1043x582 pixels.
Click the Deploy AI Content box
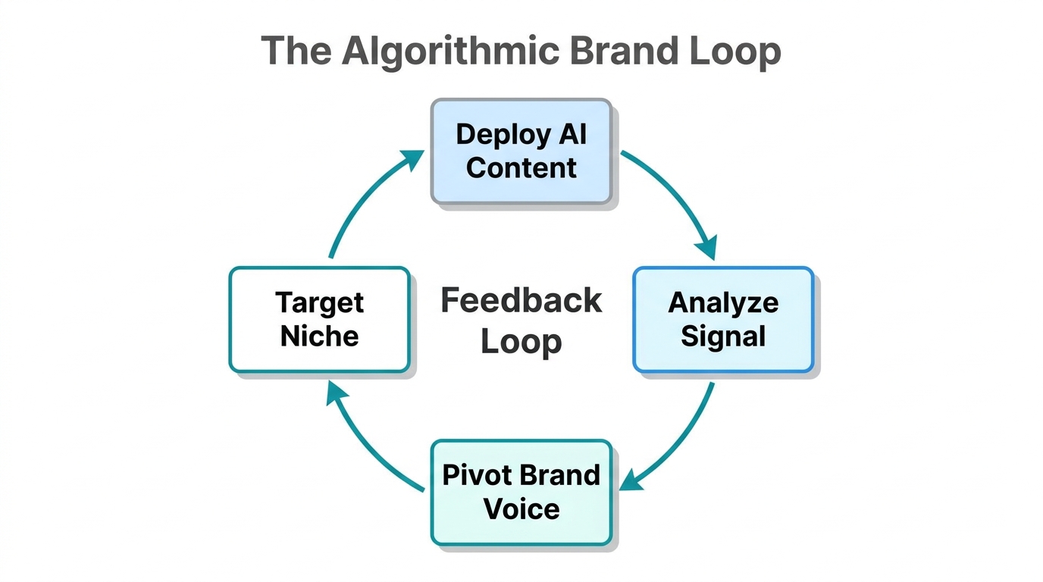coord(521,151)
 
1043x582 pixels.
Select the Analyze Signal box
coord(722,319)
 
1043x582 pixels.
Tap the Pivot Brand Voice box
coord(521,492)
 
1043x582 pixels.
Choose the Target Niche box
coord(319,319)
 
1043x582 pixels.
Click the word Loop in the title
coord(734,52)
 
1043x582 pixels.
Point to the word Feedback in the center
coord(521,301)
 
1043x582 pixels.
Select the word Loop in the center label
coord(521,341)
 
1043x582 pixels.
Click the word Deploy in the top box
coord(492,134)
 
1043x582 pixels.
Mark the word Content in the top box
coord(521,167)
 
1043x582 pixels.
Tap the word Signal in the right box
coord(722,336)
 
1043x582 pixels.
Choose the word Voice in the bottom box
coord(521,508)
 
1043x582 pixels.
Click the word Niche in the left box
coord(319,336)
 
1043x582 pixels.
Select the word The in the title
coord(296,52)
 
